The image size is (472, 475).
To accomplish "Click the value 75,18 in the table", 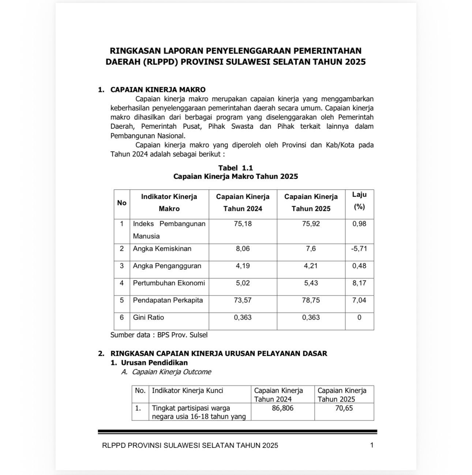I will click(243, 224).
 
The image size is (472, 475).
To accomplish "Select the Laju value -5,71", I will click(359, 248).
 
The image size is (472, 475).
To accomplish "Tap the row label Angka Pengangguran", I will click(167, 266).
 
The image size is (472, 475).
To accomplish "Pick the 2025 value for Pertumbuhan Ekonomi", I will click(311, 283).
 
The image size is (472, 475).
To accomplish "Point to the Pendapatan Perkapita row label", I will click(168, 300).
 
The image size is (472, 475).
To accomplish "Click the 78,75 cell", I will click(311, 300).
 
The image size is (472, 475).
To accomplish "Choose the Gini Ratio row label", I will click(148, 317).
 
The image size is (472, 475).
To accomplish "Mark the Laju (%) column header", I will click(359, 201).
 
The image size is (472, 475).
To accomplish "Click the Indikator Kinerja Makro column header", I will click(169, 202).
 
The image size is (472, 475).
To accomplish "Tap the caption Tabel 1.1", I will click(236, 168).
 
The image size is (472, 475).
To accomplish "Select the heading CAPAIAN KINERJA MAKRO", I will click(158, 90).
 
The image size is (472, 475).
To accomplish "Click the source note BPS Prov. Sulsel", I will click(159, 334).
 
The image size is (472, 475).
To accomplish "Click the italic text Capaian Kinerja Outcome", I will click(171, 372).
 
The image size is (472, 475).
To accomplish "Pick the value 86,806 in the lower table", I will click(282, 408).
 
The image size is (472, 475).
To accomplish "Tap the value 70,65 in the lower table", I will click(344, 408).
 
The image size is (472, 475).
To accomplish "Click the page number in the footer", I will click(372, 445).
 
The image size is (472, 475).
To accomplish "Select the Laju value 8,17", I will click(359, 283).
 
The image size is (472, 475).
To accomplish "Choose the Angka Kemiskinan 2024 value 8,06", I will click(243, 248).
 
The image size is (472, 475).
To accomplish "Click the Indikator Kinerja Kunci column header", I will click(187, 390).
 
